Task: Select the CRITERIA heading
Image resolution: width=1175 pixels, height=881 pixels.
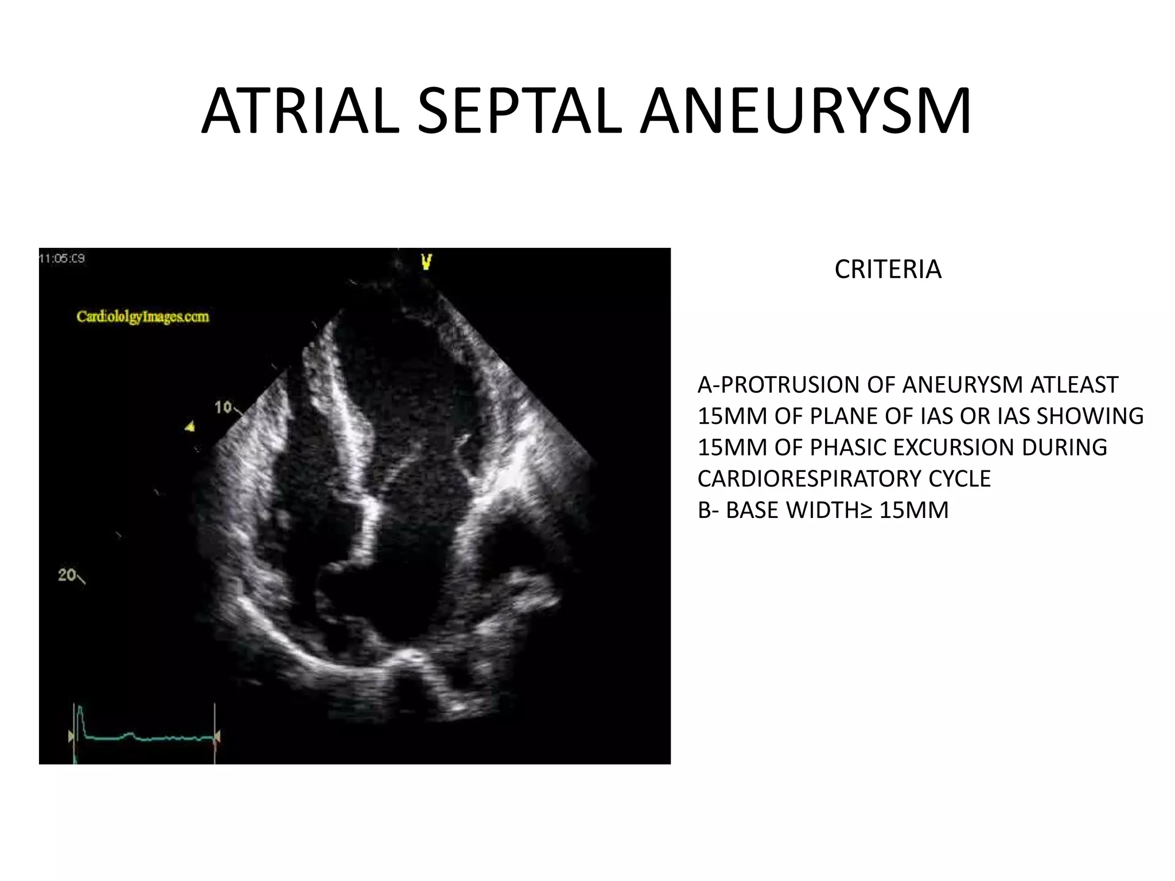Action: (x=888, y=270)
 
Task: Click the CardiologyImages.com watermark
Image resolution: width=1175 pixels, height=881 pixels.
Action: (x=143, y=317)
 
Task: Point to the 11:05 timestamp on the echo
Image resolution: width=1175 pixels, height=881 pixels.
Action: (x=62, y=259)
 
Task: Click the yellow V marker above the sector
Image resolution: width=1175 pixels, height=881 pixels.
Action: (x=426, y=263)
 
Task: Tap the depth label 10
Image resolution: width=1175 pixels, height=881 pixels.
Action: (x=223, y=407)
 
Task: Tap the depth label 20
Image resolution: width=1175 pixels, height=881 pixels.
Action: (x=67, y=575)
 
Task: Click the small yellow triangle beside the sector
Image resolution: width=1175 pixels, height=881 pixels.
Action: (x=189, y=426)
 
